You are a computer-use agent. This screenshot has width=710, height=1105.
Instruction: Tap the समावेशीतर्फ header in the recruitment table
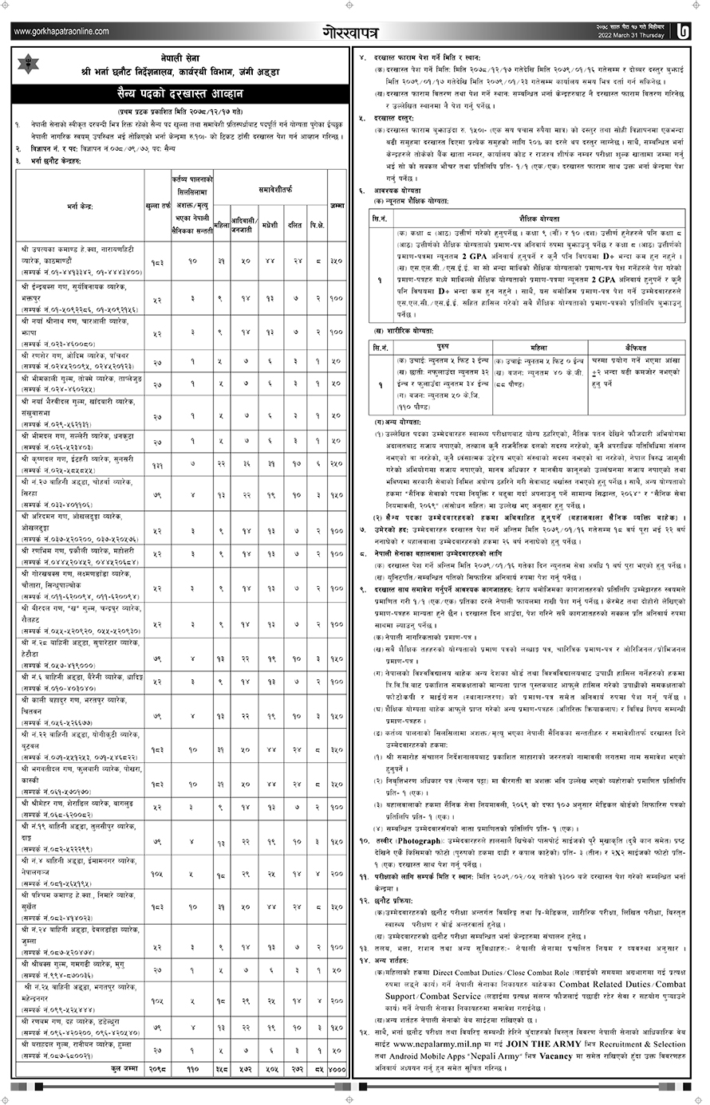270,192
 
